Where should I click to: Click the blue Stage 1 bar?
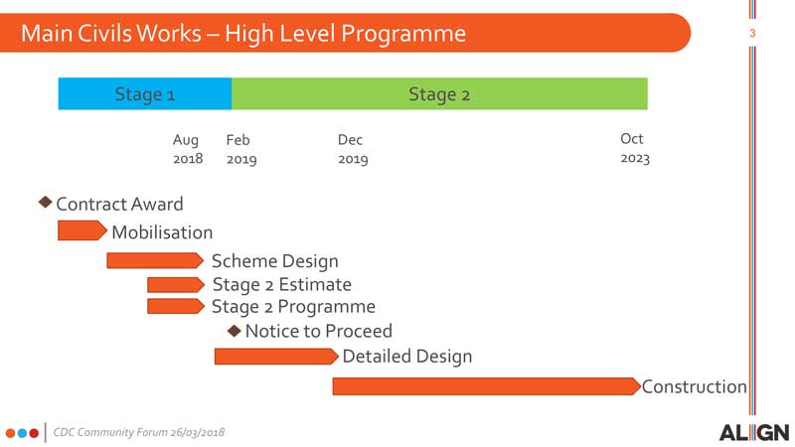(x=145, y=93)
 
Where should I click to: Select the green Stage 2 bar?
(x=439, y=93)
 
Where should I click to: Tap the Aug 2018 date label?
(x=188, y=149)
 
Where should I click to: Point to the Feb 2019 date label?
(x=241, y=149)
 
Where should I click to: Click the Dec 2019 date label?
(x=353, y=149)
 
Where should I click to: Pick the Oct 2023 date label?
(x=635, y=148)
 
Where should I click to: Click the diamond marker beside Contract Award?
(x=46, y=203)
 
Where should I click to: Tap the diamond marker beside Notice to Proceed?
(x=235, y=331)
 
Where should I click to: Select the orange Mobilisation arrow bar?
(x=82, y=230)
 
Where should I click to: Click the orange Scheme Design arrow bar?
(x=155, y=260)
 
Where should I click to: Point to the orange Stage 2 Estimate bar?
(x=176, y=285)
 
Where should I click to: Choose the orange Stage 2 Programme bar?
(x=176, y=306)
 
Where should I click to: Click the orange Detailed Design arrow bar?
(x=276, y=357)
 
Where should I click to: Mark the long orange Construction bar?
(x=487, y=386)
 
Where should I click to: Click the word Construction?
(x=694, y=386)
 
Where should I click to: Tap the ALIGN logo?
(x=754, y=433)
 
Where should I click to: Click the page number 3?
(x=752, y=34)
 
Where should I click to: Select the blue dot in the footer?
(x=22, y=433)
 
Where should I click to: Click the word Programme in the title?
(x=403, y=34)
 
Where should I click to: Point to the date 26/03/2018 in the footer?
(x=197, y=432)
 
